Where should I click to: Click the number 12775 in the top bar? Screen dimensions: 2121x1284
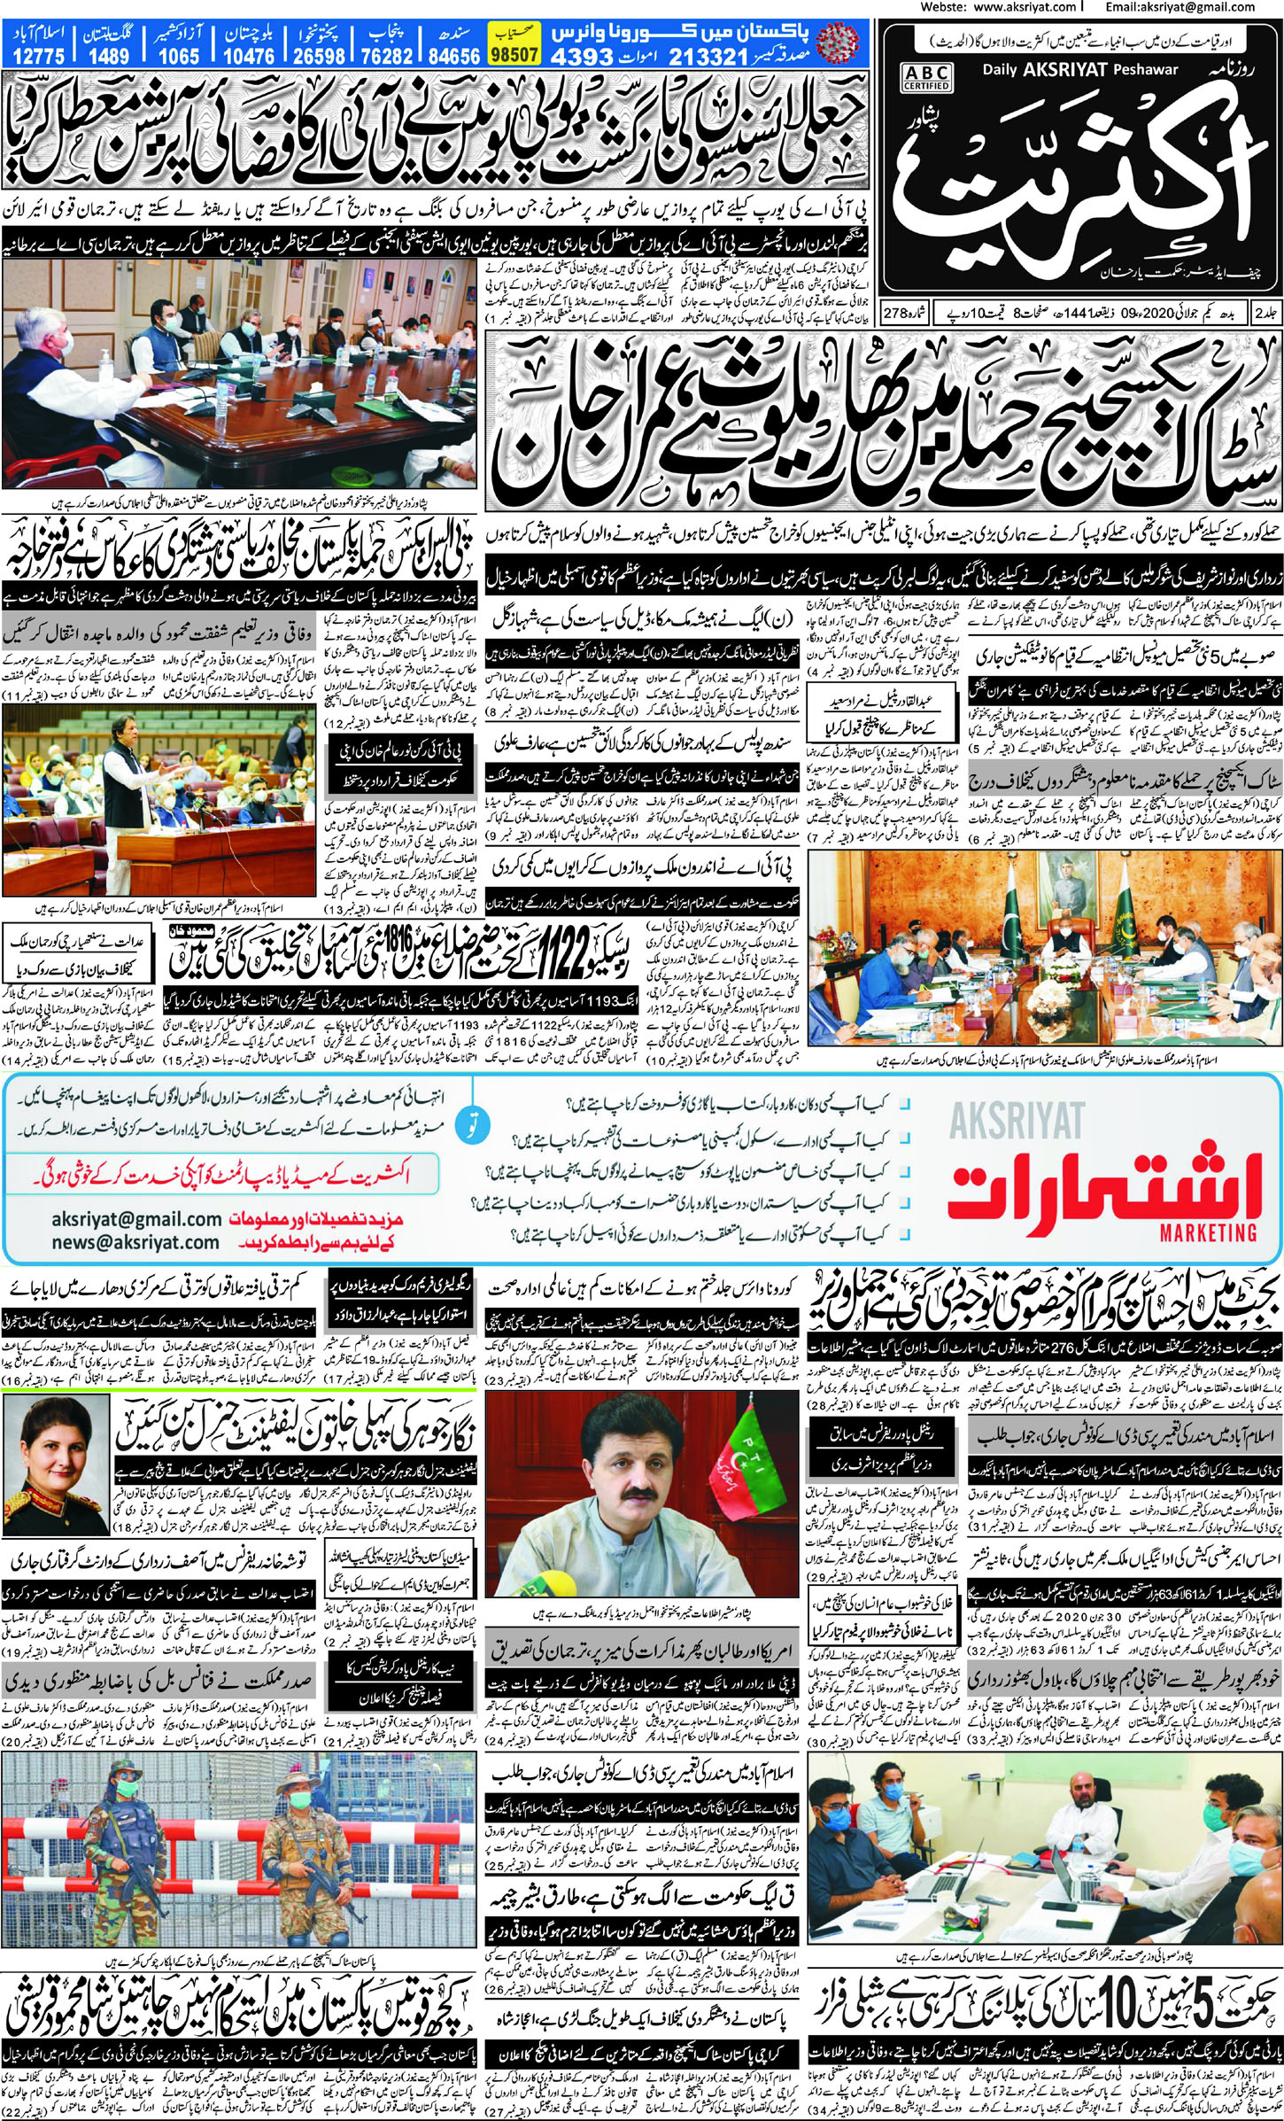[x=39, y=56]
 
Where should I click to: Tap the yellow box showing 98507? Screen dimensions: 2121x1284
[x=514, y=54]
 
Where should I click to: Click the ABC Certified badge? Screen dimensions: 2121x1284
[x=926, y=78]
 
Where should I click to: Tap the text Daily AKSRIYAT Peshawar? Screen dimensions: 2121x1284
[x=1080, y=70]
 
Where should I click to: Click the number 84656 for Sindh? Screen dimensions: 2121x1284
[x=453, y=56]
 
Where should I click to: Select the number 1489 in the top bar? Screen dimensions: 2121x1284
[x=108, y=56]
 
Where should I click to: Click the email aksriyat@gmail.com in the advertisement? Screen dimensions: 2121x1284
[x=136, y=1219]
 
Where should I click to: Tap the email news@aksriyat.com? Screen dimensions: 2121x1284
[x=135, y=1242]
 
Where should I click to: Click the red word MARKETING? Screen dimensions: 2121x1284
[x=1208, y=1231]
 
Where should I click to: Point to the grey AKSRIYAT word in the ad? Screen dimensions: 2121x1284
[x=1017, y=1122]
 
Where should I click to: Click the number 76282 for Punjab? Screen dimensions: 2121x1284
[x=387, y=56]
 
